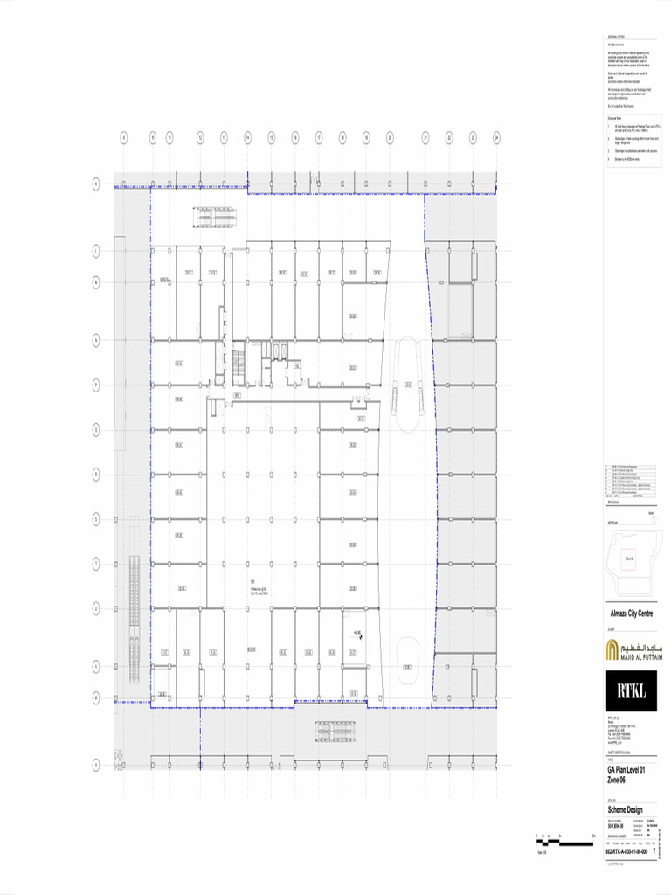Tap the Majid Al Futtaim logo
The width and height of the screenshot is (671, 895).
coord(634,649)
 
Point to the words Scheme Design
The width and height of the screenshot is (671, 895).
coord(625,809)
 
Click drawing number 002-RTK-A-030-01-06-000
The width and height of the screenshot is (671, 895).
coord(628,850)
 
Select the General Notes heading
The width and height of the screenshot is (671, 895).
coord(617,38)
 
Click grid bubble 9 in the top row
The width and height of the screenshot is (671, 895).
coord(124,137)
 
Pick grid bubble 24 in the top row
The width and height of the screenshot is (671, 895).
coord(496,137)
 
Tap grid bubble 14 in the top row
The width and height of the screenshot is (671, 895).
coord(248,137)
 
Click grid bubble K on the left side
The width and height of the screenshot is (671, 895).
coord(96,184)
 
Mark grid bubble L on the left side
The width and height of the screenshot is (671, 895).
coord(96,251)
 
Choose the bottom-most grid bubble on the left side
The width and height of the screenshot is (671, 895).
coord(96,765)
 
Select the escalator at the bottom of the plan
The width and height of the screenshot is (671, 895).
coord(335,731)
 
